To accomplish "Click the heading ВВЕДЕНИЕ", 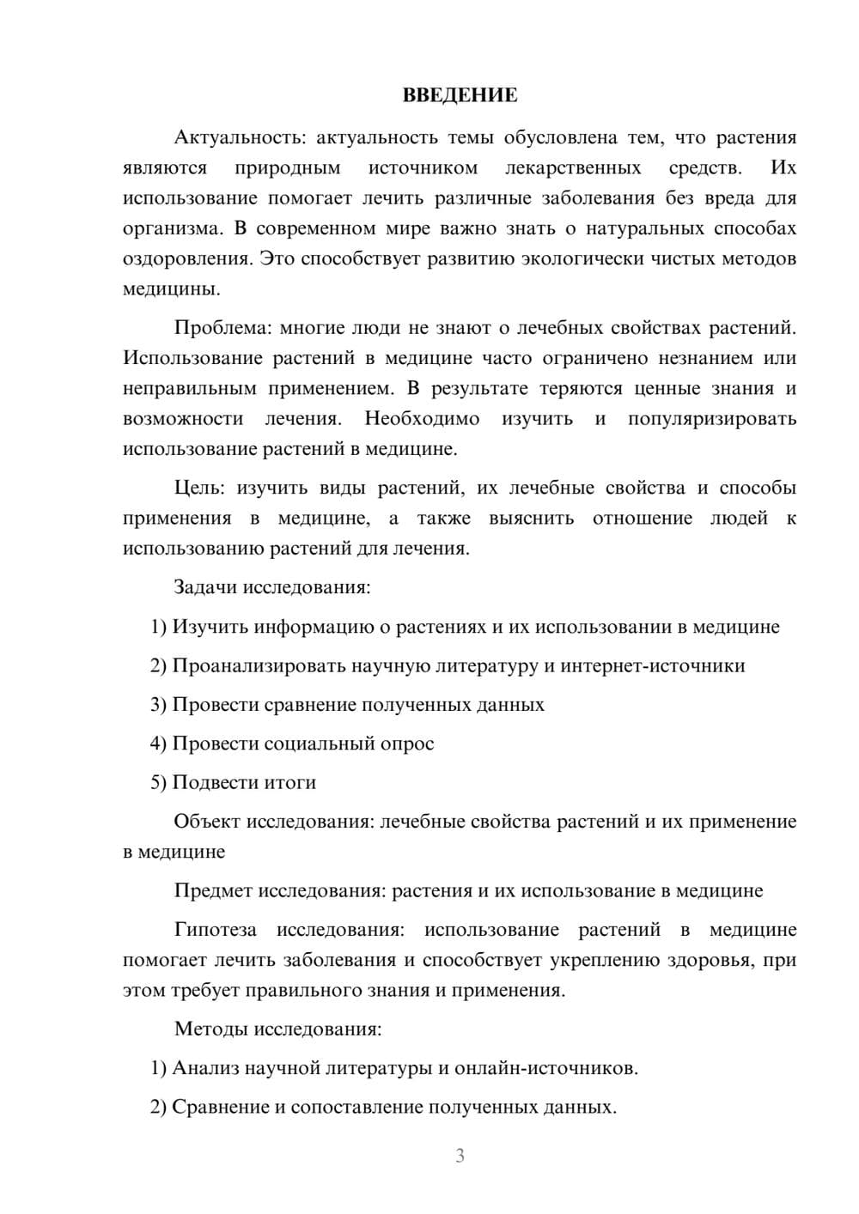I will point(460,95).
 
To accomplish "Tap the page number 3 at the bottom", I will point(460,1156).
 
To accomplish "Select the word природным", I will point(287,167).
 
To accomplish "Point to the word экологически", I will point(583,258).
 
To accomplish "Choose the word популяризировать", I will point(712,419).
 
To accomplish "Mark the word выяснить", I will point(531,519).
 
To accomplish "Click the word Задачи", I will point(205,587).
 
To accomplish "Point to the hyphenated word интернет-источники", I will point(653,665).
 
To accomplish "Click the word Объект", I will point(207,822).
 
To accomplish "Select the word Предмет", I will point(213,890).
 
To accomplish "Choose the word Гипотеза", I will point(215,930).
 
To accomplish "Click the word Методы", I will point(208,1029).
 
